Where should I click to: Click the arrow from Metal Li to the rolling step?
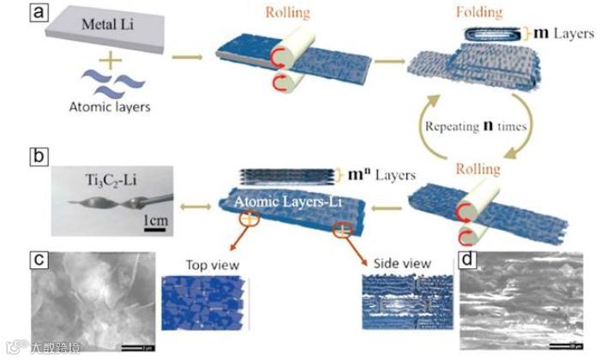tap(188, 57)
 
